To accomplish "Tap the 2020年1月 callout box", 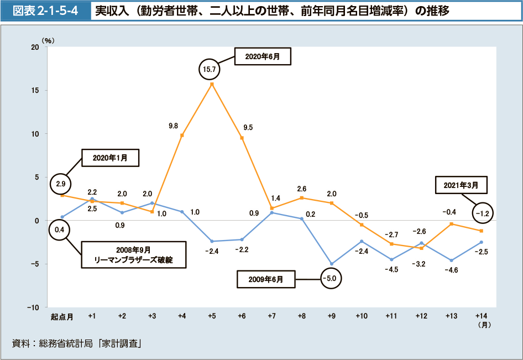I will point(110,158).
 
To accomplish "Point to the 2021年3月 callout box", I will point(461,185).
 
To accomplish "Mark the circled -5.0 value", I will point(331,278).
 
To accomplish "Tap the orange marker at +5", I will point(212,84).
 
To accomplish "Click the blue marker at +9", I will point(331,264).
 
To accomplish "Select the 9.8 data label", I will point(173,126).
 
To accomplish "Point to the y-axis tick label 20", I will point(35,47).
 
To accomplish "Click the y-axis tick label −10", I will point(33,307).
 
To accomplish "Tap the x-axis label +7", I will point(271,316).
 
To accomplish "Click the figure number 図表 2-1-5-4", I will point(45,11).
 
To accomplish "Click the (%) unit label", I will point(48,40).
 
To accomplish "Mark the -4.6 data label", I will point(452,270).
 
